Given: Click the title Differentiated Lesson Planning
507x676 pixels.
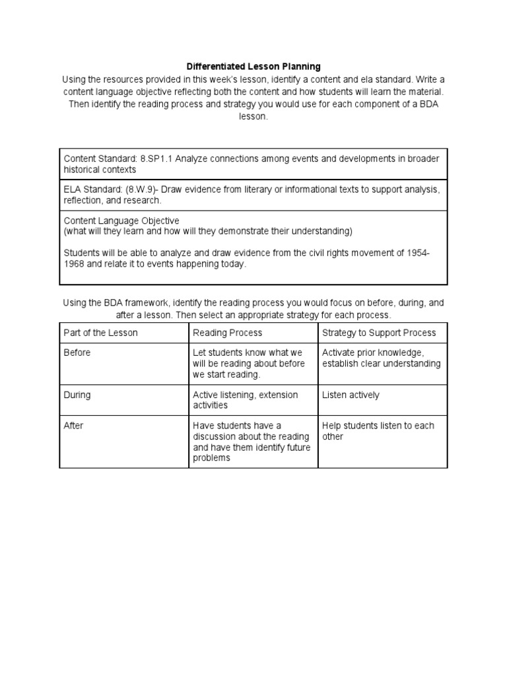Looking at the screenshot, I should pyautogui.click(x=253, y=67).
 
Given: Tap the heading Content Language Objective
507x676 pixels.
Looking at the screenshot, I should pyautogui.click(x=121, y=220).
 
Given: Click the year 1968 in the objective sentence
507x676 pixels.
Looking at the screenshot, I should pyautogui.click(x=75, y=264).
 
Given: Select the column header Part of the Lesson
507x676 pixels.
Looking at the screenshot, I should pyautogui.click(x=100, y=333).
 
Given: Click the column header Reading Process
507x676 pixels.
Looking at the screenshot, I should pyautogui.click(x=227, y=333).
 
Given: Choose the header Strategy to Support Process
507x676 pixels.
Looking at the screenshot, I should pyautogui.click(x=379, y=333).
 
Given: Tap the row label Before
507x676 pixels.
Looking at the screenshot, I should pyautogui.click(x=77, y=353).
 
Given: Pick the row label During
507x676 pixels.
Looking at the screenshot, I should pyautogui.click(x=77, y=395).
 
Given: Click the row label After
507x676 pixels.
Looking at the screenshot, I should pyautogui.click(x=73, y=426).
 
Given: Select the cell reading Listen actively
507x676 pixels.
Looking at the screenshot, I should pyautogui.click(x=351, y=395).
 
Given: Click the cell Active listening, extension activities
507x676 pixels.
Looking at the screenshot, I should pyautogui.click(x=245, y=400).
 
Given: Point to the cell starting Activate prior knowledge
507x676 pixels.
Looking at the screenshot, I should pyautogui.click(x=381, y=358).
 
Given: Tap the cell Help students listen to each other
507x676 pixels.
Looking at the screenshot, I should pyautogui.click(x=378, y=431).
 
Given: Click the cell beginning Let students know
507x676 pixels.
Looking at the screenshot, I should pyautogui.click(x=248, y=364).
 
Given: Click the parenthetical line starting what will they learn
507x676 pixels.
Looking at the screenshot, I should pyautogui.click(x=208, y=231).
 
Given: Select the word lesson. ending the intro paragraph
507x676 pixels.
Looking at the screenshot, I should pyautogui.click(x=253, y=116).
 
